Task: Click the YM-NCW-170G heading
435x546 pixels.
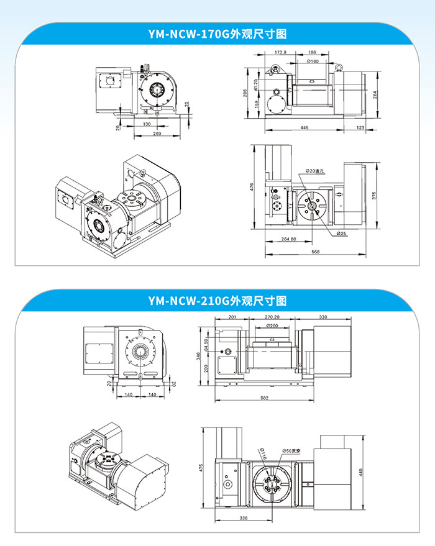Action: coord(217,34)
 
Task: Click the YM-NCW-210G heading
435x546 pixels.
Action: coord(217,301)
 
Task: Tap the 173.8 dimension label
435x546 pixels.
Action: coord(280,53)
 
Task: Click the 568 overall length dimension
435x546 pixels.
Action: coord(315,252)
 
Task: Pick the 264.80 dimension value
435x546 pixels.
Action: coord(288,239)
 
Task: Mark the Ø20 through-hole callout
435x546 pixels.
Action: coord(316,171)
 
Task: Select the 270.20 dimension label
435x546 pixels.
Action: coord(272,317)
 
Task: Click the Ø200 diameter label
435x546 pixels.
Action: coord(272,325)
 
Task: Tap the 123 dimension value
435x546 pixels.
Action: coord(361,128)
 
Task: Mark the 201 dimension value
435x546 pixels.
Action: coord(232,317)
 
